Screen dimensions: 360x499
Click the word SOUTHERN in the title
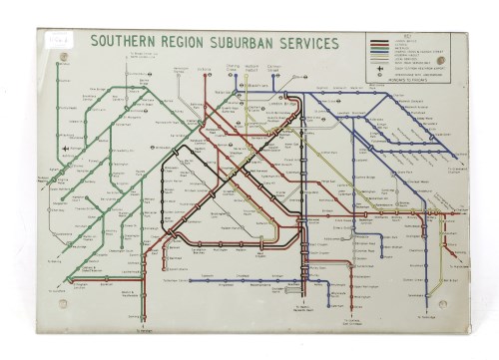point(126,42)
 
